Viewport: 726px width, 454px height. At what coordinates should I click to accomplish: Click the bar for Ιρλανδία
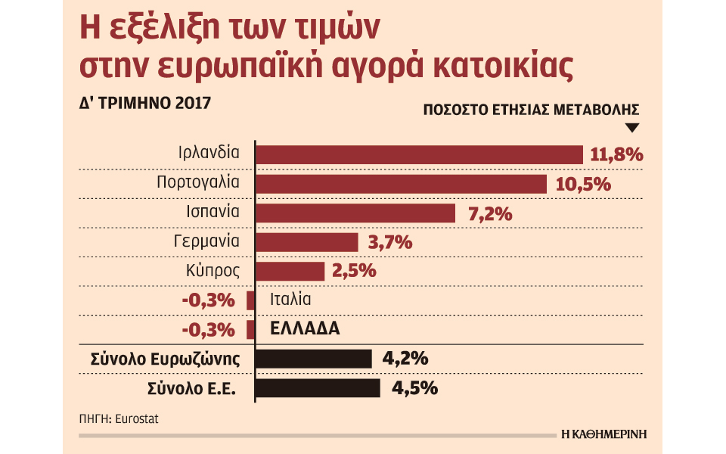tap(420, 154)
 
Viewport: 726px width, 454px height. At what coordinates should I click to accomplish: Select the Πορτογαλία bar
tap(401, 184)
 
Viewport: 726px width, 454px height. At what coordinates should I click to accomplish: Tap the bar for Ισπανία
tap(355, 213)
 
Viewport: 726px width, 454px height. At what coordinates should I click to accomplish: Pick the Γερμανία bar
tap(306, 242)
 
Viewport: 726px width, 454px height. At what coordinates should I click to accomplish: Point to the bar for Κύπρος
tap(290, 271)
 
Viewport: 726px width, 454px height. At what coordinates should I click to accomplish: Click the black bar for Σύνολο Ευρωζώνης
tap(314, 359)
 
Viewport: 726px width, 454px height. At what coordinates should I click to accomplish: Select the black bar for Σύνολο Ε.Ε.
tap(318, 387)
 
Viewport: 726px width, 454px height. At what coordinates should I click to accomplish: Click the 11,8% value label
tap(616, 155)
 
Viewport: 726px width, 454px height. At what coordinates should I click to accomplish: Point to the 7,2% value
tap(490, 213)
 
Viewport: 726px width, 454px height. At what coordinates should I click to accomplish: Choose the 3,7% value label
tap(391, 242)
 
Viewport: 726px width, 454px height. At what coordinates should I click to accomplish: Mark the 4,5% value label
tap(416, 387)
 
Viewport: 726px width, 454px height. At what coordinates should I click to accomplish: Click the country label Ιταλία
tap(290, 300)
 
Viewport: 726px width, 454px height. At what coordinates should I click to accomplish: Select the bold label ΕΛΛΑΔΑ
tap(305, 329)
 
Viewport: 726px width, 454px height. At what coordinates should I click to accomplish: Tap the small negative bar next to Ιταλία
tap(250, 300)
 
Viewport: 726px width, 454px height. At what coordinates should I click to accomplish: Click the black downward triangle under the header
tap(632, 127)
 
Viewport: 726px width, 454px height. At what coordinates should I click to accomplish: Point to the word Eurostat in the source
tap(138, 418)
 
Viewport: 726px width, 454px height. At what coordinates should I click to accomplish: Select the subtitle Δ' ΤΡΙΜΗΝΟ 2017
tap(141, 102)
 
